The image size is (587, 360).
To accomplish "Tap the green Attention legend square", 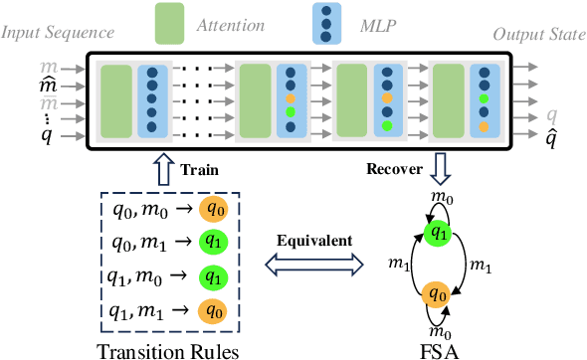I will click(174, 24).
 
